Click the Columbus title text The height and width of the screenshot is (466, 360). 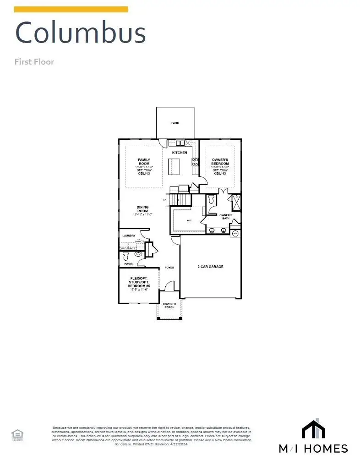[80, 33]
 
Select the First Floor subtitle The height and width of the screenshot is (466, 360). [34, 61]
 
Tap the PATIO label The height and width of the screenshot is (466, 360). [175, 123]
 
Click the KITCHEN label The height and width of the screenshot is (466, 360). [179, 152]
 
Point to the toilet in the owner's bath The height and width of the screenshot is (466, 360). [211, 200]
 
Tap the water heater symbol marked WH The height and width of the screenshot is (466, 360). [235, 234]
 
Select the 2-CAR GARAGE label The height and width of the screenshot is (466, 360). [210, 266]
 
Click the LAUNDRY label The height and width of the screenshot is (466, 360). [129, 236]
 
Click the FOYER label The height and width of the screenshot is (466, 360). [169, 268]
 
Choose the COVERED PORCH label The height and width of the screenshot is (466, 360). [169, 306]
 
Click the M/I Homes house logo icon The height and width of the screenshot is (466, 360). [313, 429]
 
